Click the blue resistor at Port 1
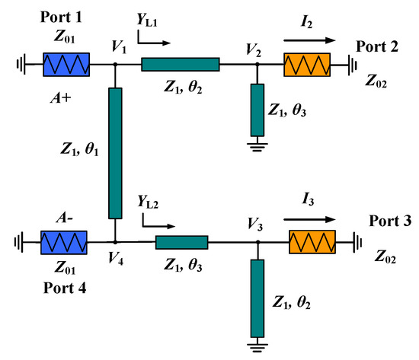click(66, 65)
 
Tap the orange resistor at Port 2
click(306, 65)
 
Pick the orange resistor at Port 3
click(313, 243)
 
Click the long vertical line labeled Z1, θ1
click(115, 152)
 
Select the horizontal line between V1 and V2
click(180, 65)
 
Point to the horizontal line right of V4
click(181, 243)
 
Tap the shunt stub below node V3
click(257, 298)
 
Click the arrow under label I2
click(307, 40)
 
